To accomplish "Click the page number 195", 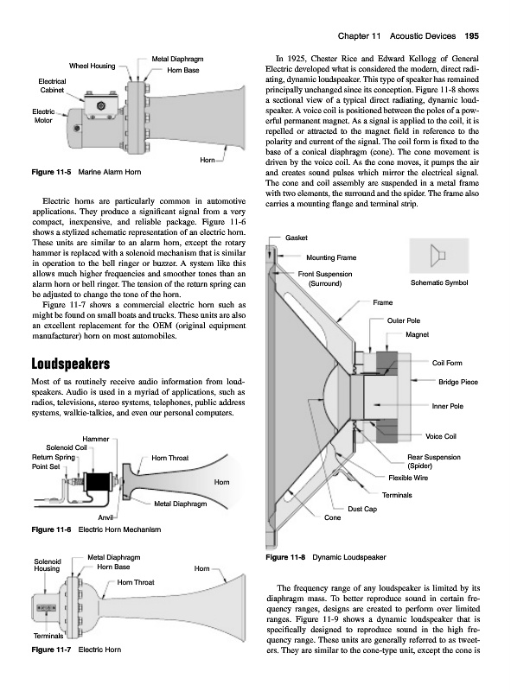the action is pyautogui.click(x=471, y=36).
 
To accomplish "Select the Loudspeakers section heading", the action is pyautogui.click(x=71, y=364).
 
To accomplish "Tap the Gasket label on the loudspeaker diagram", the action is pyautogui.click(x=297, y=238).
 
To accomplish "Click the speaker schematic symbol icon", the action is pyautogui.click(x=438, y=256).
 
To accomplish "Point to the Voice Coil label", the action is pyautogui.click(x=441, y=436).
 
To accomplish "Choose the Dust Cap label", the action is pyautogui.click(x=362, y=509).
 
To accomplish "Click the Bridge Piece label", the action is pyautogui.click(x=458, y=382).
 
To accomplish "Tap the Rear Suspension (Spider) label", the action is pyautogui.click(x=434, y=461).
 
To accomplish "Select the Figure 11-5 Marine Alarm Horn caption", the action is pyautogui.click(x=86, y=172).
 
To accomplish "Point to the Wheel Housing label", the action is pyautogui.click(x=92, y=67).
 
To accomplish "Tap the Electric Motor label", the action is pyautogui.click(x=43, y=116).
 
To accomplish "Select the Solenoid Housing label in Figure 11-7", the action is pyautogui.click(x=48, y=565).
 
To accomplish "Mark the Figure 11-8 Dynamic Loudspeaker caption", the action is pyautogui.click(x=326, y=557).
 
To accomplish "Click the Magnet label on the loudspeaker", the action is pyautogui.click(x=417, y=334).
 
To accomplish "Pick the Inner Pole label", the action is pyautogui.click(x=448, y=406).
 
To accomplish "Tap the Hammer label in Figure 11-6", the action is pyautogui.click(x=96, y=439).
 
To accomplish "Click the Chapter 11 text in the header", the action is pyautogui.click(x=359, y=36).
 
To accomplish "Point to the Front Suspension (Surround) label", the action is pyautogui.click(x=325, y=278).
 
